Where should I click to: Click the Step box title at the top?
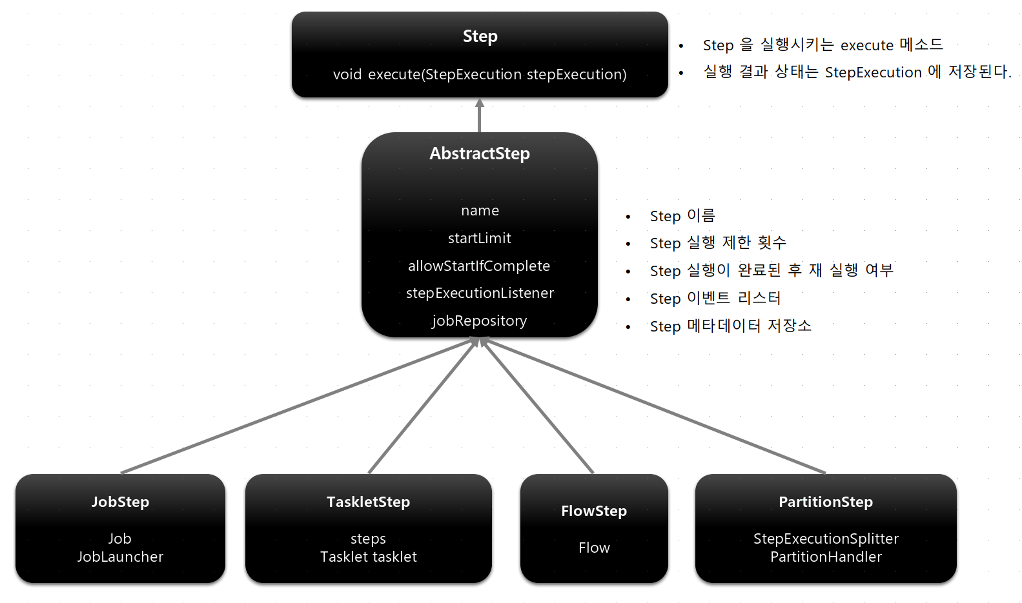pos(480,37)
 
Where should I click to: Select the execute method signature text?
pos(480,75)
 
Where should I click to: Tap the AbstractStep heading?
pos(480,153)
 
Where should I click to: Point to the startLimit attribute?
pos(480,239)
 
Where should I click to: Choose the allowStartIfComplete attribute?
pos(479,266)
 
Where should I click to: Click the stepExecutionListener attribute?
pos(480,293)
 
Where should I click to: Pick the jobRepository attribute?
pos(480,321)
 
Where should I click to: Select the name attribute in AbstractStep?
pos(480,211)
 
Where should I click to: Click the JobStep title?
pos(120,502)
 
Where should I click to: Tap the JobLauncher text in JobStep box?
pos(120,557)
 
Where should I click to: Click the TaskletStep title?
pos(368,502)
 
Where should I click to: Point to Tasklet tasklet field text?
pos(368,557)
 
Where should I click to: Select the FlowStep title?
pos(594,511)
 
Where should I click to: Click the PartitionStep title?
pos(826,502)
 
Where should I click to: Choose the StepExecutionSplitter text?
pos(826,539)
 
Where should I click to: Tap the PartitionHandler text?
pos(826,557)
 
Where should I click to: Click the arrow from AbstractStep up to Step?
pos(479,116)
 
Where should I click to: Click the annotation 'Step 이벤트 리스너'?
pos(715,299)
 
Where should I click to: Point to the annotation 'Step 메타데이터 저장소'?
pos(730,326)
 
